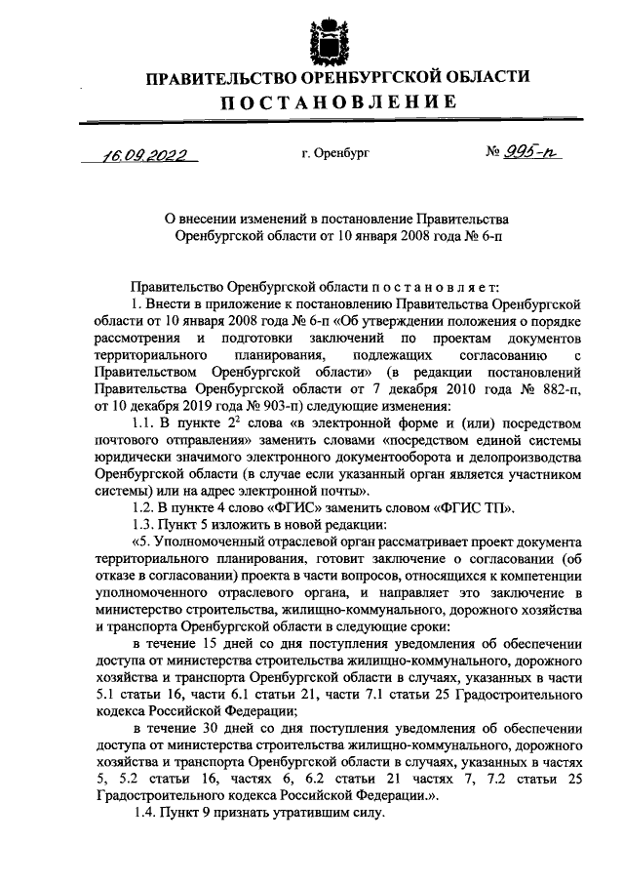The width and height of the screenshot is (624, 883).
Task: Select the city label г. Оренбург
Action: (337, 153)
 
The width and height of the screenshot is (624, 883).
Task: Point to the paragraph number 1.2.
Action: (143, 507)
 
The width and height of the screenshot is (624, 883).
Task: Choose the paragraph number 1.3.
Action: (143, 525)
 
